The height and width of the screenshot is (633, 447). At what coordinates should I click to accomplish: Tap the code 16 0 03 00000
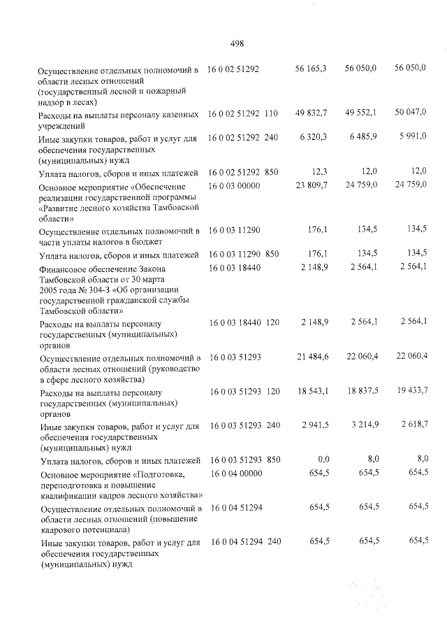[x=234, y=186]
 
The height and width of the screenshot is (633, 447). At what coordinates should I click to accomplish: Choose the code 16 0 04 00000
[x=234, y=474]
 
